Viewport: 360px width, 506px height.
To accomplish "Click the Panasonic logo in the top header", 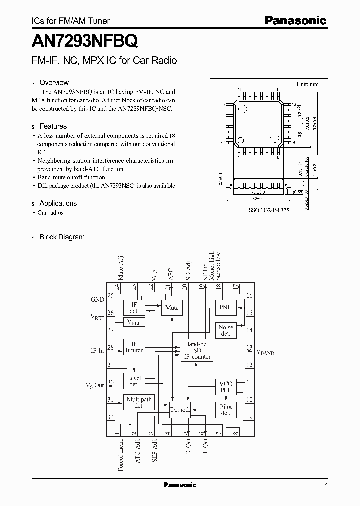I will click(x=295, y=20).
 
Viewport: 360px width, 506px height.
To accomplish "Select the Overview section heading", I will click(x=54, y=82).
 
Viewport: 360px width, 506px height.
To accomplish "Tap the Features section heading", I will click(x=53, y=126).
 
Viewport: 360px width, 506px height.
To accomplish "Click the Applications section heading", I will click(x=58, y=203).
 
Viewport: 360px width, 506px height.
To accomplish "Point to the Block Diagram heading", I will click(x=62, y=237).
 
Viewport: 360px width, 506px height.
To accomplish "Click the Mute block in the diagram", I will click(x=172, y=308).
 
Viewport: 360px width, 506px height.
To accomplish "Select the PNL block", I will click(x=225, y=307).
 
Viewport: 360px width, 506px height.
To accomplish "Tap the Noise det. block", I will click(x=225, y=330).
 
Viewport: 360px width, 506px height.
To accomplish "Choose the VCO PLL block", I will click(x=225, y=386).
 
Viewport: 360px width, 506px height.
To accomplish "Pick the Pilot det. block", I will click(x=225, y=410).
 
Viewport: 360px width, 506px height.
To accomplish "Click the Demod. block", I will click(x=180, y=410).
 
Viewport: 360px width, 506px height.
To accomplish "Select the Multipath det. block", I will click(x=139, y=402).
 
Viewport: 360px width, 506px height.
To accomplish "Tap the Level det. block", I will click(x=134, y=381).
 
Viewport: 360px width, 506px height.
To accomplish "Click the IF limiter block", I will click(x=134, y=347).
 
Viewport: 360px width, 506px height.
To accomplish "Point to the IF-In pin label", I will click(x=97, y=351).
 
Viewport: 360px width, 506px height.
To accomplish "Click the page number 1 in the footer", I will click(x=326, y=485).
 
